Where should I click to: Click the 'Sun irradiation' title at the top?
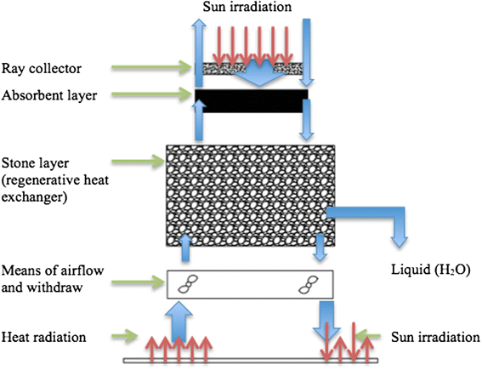[247, 8]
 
